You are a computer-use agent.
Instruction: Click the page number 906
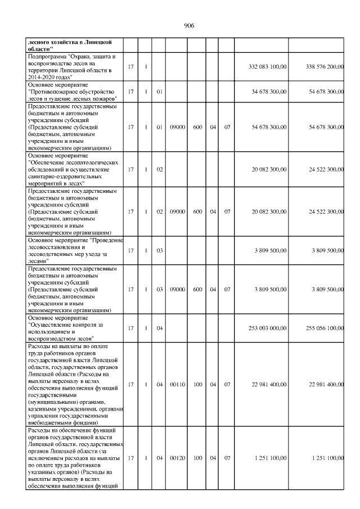(x=189, y=26)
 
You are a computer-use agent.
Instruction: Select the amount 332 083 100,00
(x=267, y=67)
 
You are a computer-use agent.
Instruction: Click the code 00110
(x=178, y=385)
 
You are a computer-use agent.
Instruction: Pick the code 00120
(x=178, y=459)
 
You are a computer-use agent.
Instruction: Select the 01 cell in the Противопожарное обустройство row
(x=159, y=91)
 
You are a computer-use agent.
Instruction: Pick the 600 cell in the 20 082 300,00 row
(x=197, y=211)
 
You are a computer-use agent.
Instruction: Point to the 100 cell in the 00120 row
(x=197, y=459)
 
